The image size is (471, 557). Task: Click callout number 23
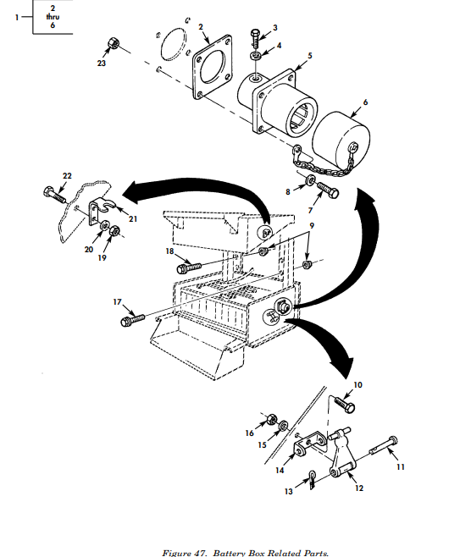[102, 63]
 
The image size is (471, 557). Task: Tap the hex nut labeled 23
[114, 44]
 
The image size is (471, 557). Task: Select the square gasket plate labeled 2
[213, 67]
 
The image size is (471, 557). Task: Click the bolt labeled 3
[256, 39]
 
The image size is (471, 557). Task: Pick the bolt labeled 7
[327, 190]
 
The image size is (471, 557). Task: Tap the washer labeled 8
[310, 180]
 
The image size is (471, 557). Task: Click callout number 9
[312, 225]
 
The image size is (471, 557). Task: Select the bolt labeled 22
[54, 194]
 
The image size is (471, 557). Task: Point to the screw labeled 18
[189, 267]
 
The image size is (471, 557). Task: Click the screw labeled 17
[133, 319]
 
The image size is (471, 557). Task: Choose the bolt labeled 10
[345, 405]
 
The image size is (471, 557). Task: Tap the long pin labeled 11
[383, 446]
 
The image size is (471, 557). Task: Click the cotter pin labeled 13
[312, 480]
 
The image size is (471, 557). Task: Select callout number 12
[359, 488]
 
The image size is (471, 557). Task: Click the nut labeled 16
[272, 420]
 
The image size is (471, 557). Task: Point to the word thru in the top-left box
[53, 16]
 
